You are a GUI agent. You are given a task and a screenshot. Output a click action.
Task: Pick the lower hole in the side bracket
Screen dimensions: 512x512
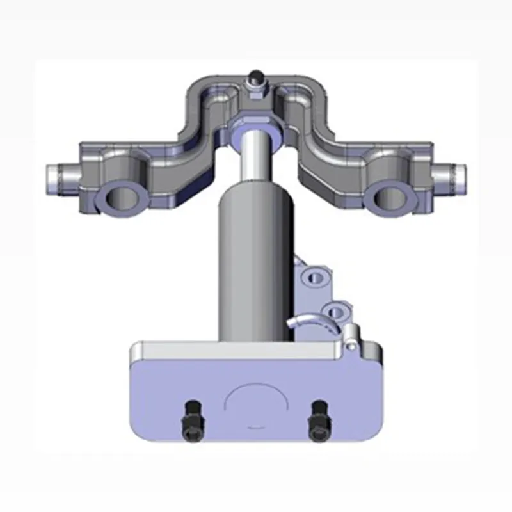333,312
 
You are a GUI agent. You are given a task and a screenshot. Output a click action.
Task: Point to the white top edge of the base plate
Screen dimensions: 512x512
230,349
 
